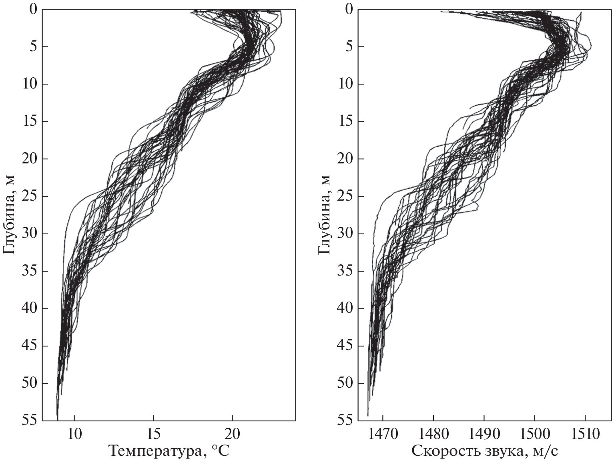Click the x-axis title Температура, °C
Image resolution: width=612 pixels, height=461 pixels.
pos(169,451)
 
